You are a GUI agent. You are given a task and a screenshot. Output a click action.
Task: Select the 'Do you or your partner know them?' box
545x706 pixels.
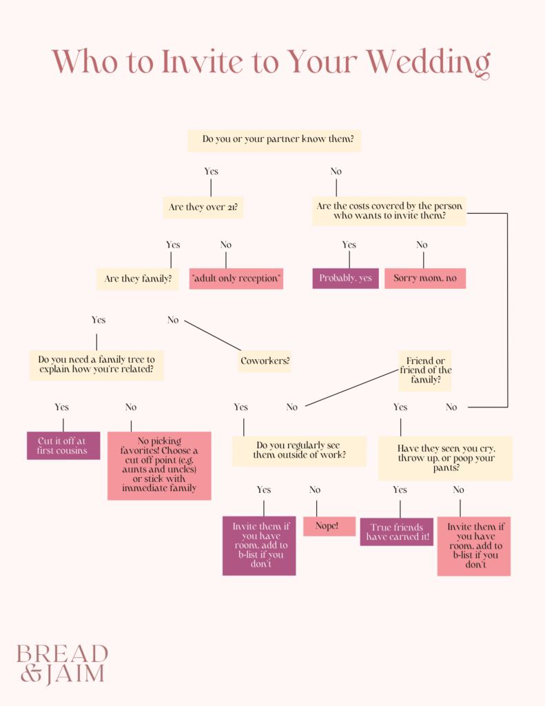[x=275, y=140]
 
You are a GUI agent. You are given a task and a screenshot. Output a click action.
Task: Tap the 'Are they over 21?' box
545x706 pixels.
[x=203, y=207]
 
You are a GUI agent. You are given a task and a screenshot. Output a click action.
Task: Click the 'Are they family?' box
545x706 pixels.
[x=138, y=279]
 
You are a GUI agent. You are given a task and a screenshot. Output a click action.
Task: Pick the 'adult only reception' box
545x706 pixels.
[x=236, y=279]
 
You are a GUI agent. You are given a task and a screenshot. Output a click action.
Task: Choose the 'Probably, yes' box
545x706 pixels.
[x=345, y=279]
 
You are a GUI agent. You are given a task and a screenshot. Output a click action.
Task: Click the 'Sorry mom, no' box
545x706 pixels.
[x=425, y=279]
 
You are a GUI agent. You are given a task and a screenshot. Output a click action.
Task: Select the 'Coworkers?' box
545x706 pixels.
[x=265, y=361]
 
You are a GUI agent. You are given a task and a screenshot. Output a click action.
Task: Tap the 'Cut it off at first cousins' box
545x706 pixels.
[x=63, y=445]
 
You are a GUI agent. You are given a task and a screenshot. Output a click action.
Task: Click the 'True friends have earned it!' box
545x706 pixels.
[x=396, y=532]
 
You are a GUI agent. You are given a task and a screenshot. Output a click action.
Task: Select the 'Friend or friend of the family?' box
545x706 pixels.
[x=425, y=370]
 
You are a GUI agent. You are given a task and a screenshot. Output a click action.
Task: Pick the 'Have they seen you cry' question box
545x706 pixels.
[x=445, y=458]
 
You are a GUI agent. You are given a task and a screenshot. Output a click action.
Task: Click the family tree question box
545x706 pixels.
[x=96, y=365]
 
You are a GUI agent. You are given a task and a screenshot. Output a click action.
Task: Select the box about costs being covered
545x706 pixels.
[x=389, y=211]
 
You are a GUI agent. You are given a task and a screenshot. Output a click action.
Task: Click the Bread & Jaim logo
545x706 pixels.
[x=63, y=663]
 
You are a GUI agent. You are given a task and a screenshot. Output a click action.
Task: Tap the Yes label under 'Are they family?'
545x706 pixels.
[x=99, y=320]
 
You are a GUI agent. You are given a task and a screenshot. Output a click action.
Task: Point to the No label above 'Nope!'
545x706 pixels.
[x=315, y=490]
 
